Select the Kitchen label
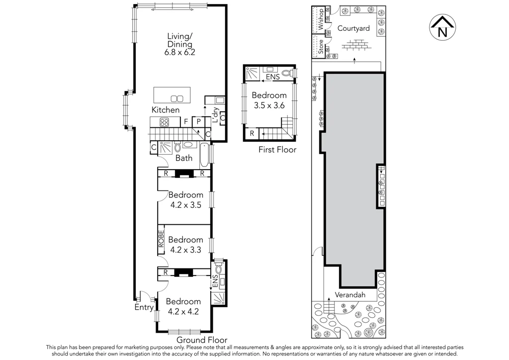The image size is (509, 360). (x=166, y=110)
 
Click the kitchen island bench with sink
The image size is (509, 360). (x=172, y=95)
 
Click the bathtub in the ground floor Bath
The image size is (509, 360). (x=204, y=155)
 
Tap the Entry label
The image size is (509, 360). (x=144, y=308)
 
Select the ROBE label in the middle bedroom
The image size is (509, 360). (x=162, y=239)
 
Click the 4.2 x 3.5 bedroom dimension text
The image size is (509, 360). (x=185, y=204)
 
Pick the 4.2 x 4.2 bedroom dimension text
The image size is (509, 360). (x=183, y=312)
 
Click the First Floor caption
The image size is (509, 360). (x=277, y=150)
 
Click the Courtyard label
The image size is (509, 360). (x=353, y=28)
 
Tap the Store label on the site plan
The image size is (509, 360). (x=321, y=46)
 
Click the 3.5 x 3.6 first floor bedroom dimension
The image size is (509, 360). (x=269, y=105)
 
